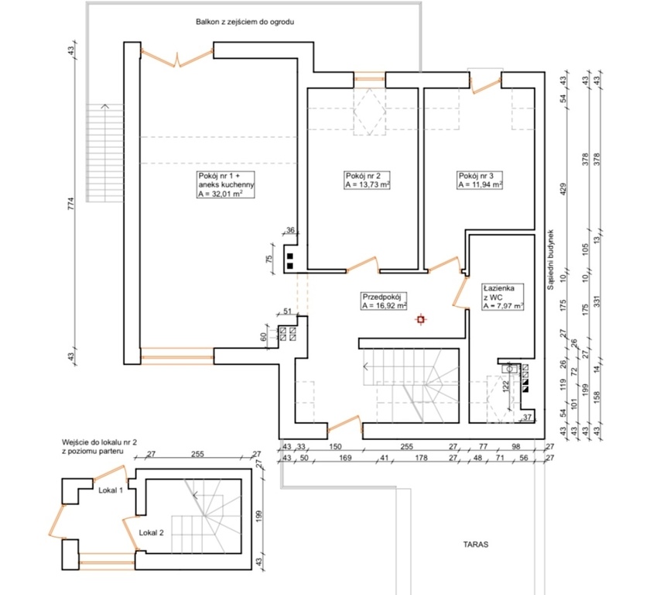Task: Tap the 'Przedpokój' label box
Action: [384, 301]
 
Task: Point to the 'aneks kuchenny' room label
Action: [226, 185]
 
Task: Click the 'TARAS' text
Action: [476, 545]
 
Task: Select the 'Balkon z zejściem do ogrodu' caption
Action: [245, 22]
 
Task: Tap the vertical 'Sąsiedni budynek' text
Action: [550, 260]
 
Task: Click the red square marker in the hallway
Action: [421, 319]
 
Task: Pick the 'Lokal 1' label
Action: [111, 490]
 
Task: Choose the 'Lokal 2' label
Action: [151, 533]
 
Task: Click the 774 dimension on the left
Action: [71, 203]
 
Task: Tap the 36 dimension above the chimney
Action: [290, 230]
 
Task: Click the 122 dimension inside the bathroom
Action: [506, 386]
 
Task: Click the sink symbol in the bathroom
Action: [509, 369]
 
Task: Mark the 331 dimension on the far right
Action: [597, 301]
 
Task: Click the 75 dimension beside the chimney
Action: [269, 259]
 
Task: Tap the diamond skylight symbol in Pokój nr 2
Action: [370, 112]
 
